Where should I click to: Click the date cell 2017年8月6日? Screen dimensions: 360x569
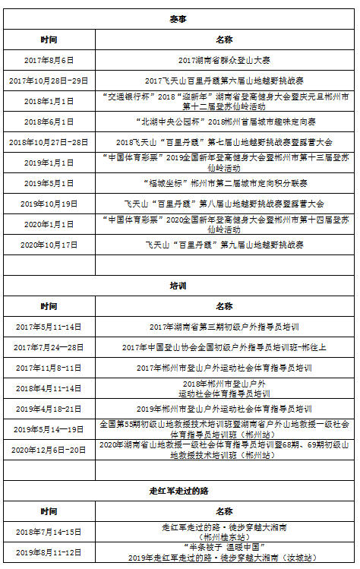point(49,59)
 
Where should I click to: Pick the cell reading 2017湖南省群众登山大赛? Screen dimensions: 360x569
point(224,59)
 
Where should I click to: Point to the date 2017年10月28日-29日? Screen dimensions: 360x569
point(49,80)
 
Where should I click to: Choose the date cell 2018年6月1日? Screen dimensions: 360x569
point(49,121)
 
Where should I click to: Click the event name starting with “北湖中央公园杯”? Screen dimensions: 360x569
point(224,121)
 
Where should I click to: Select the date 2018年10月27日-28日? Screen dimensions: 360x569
point(49,141)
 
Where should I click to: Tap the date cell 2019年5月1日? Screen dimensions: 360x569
point(49,182)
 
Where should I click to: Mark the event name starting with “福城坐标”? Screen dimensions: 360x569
point(224,182)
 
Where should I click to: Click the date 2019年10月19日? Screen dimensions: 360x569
point(49,203)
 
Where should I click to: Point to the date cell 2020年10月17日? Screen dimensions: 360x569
point(49,244)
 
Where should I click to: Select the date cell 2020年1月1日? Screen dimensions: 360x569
point(49,223)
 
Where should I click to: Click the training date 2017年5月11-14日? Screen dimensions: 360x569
point(49,326)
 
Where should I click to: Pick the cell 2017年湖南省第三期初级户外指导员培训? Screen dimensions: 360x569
point(224,326)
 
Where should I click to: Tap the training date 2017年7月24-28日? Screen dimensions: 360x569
point(49,346)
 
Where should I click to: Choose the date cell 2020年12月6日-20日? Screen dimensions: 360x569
point(49,449)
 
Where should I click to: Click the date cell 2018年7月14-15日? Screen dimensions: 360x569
point(49,531)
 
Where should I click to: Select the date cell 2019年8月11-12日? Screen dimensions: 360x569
point(49,552)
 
